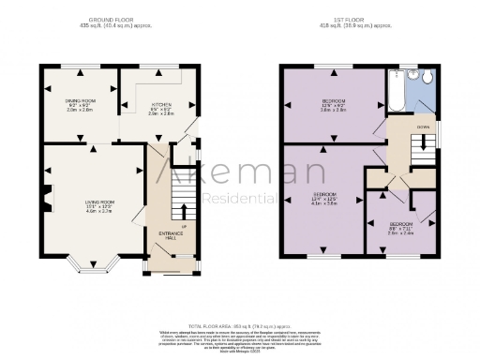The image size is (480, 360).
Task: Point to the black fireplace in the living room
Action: (46, 199)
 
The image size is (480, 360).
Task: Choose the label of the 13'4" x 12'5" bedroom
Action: (324, 199)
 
